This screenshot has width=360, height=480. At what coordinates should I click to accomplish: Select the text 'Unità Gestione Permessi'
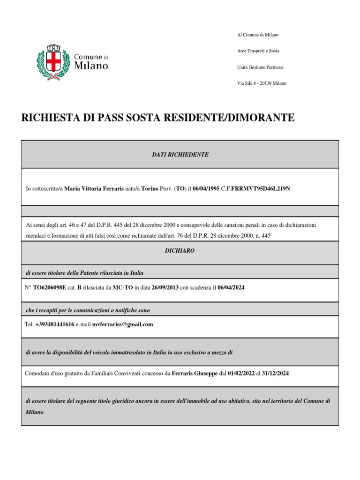[x=260, y=67]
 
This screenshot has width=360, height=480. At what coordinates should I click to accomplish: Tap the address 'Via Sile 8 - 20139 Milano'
[x=262, y=83]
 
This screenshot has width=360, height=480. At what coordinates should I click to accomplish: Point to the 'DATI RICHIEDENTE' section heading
[x=180, y=154]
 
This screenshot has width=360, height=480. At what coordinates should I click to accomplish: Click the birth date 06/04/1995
[x=206, y=188]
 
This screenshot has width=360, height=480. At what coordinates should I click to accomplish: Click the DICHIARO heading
[x=180, y=251]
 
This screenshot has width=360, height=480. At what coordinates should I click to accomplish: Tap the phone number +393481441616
[x=54, y=324]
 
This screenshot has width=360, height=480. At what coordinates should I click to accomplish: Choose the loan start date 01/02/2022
[x=241, y=373]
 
